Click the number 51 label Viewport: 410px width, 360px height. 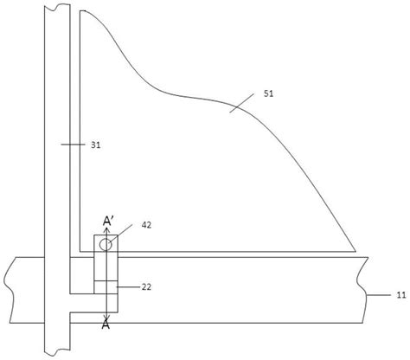(268, 93)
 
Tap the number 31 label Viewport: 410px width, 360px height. (96, 145)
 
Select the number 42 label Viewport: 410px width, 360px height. (146, 225)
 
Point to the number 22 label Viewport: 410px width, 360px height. (146, 287)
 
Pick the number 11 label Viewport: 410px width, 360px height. (401, 295)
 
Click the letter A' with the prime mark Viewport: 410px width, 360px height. (108, 222)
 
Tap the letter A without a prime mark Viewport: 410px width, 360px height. (106, 325)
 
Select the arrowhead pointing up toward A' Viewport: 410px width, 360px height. (106, 230)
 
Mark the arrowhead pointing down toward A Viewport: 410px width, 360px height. (106, 318)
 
